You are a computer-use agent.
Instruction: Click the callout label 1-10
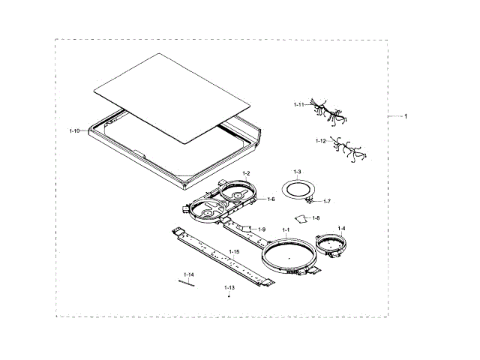click(x=74, y=131)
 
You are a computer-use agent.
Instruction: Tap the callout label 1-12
click(x=320, y=141)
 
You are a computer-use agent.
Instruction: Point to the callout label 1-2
click(x=245, y=173)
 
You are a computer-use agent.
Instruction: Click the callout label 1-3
click(x=297, y=172)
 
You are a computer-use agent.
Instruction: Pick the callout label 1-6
click(x=271, y=199)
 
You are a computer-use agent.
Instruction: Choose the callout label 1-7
click(x=327, y=201)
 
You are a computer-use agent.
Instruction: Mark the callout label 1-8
click(x=316, y=217)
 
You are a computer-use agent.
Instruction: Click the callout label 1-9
click(x=262, y=229)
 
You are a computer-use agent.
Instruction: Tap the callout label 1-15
click(x=235, y=252)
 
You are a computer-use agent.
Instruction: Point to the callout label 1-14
click(x=188, y=275)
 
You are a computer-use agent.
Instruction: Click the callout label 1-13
click(x=229, y=287)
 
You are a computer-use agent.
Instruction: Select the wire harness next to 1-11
click(x=327, y=112)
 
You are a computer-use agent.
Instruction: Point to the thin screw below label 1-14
click(x=187, y=283)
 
